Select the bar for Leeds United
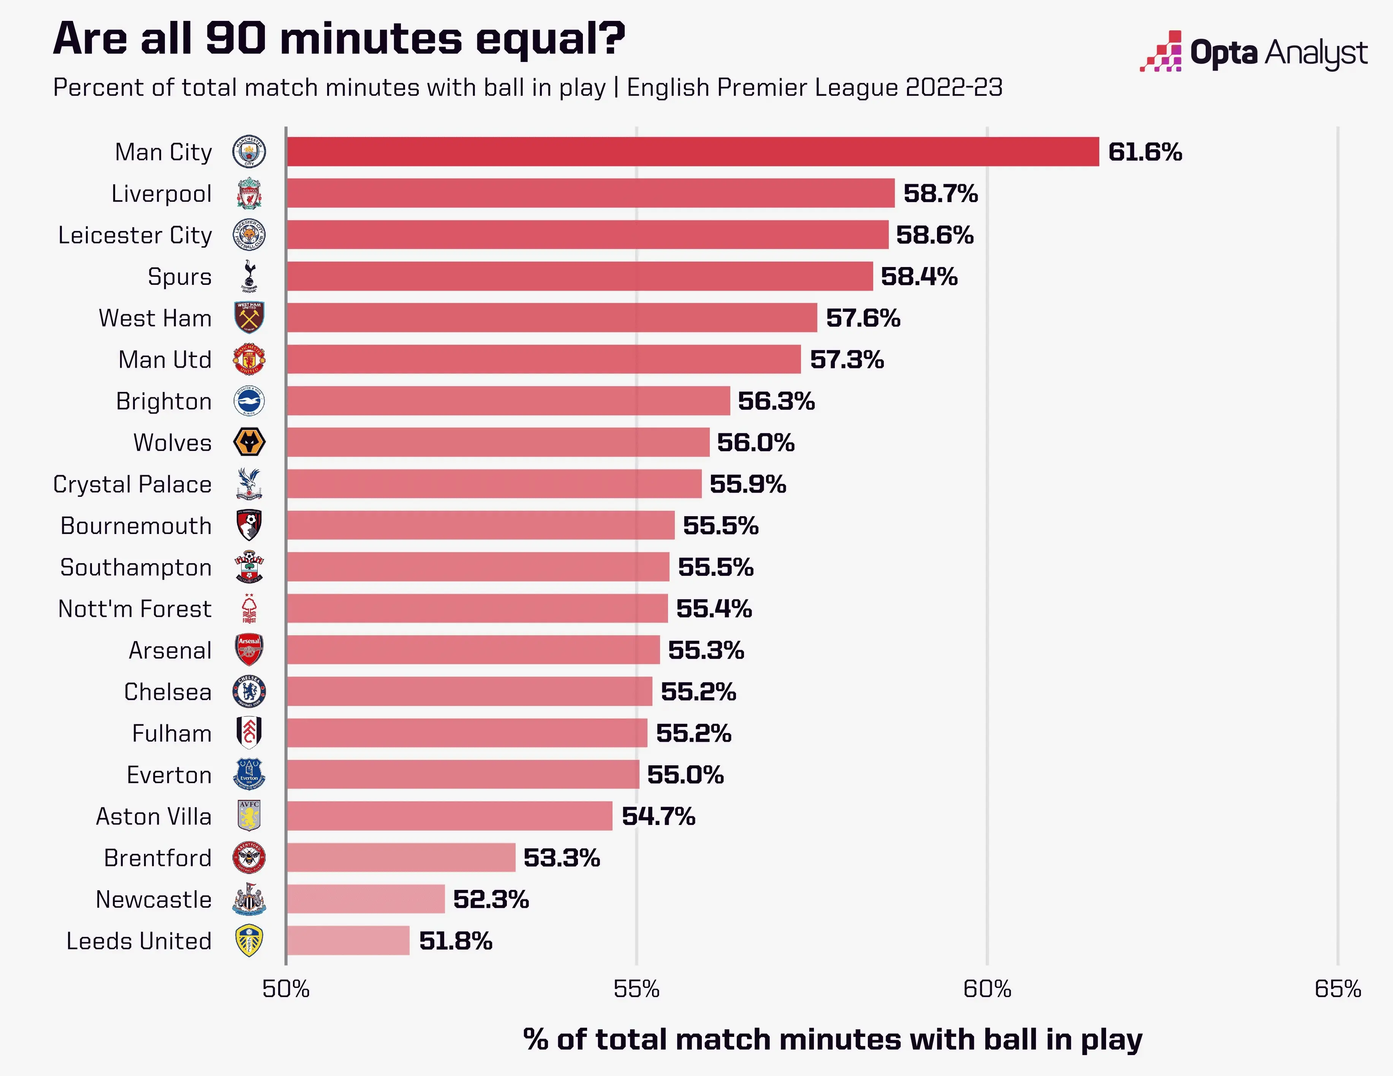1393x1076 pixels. pyautogui.click(x=348, y=940)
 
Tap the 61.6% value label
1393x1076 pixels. pyautogui.click(x=1145, y=152)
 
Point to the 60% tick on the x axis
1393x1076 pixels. pyautogui.click(x=987, y=989)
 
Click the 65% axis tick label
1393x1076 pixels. pyautogui.click(x=1338, y=989)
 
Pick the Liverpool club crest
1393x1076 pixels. pyautogui.click(x=249, y=193)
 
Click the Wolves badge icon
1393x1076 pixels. pyautogui.click(x=249, y=442)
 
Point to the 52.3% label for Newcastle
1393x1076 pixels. pyautogui.click(x=491, y=899)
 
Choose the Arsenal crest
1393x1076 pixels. pyautogui.click(x=249, y=649)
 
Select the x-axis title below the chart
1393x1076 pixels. pyautogui.click(x=833, y=1039)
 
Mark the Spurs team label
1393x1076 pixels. pyautogui.click(x=179, y=277)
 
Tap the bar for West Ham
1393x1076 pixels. pyautogui.click(x=552, y=318)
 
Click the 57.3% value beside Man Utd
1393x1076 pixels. pyautogui.click(x=846, y=360)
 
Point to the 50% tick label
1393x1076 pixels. pyautogui.click(x=286, y=989)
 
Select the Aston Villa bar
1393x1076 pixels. pyautogui.click(x=450, y=816)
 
